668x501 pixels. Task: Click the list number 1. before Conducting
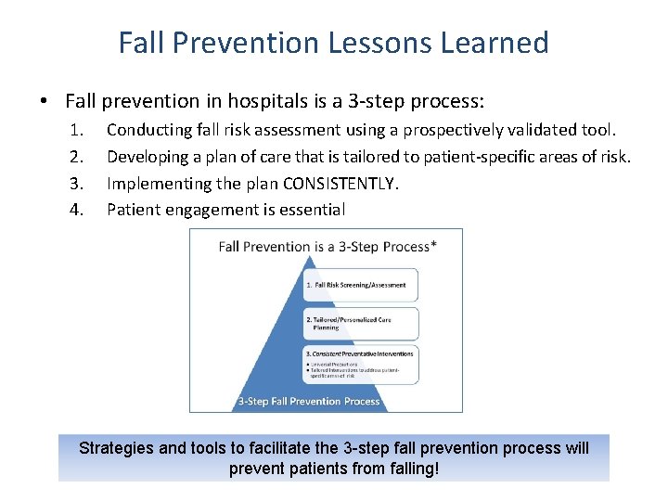(x=78, y=131)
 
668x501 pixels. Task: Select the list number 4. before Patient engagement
(x=78, y=210)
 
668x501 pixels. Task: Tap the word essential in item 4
(x=314, y=210)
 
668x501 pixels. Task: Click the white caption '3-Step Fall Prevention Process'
(x=309, y=401)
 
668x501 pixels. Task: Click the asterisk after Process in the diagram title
(x=434, y=244)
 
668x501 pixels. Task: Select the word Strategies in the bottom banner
(x=116, y=448)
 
